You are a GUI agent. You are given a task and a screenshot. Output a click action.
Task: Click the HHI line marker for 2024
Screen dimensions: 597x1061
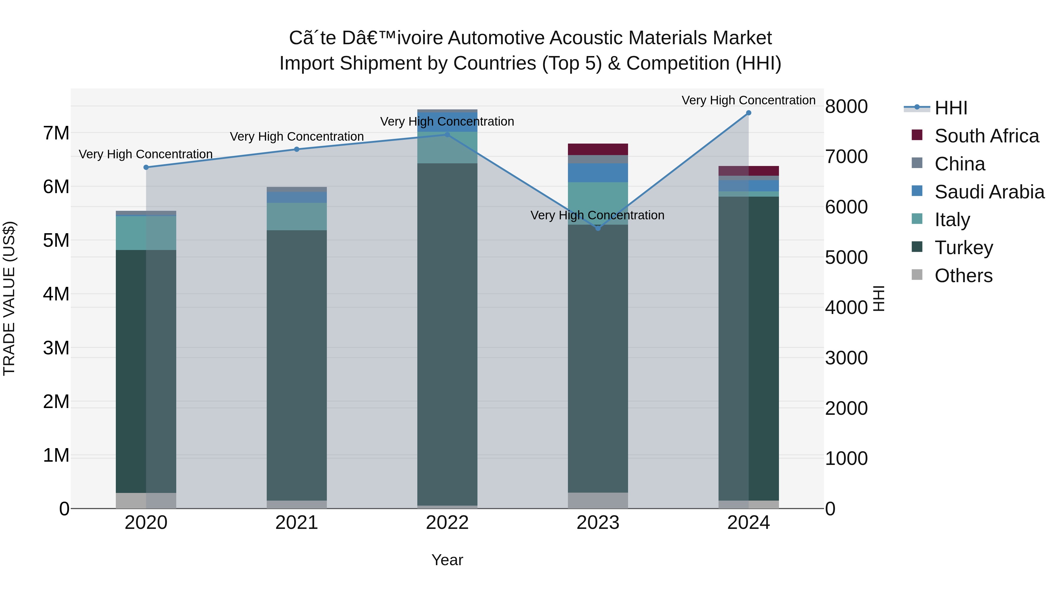tap(748, 113)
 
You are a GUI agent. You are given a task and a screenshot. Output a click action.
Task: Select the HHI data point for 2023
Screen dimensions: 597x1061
tap(598, 228)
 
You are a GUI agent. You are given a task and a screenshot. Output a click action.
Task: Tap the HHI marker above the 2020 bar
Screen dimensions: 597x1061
tap(146, 167)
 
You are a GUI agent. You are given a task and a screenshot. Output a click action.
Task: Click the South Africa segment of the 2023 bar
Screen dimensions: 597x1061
tap(598, 149)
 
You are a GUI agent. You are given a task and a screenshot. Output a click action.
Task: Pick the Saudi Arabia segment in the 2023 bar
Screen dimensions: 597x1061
tap(598, 173)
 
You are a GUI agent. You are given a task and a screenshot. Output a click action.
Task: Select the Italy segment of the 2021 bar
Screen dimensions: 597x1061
tap(296, 216)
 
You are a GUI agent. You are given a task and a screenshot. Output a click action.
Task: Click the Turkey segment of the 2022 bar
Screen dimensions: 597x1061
tap(447, 334)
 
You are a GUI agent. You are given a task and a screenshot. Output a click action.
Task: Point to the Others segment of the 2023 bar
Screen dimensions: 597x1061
tap(598, 500)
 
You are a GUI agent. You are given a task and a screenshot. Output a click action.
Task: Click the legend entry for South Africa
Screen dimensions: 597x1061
tap(986, 136)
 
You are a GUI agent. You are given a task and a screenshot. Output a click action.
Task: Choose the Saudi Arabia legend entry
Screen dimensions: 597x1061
tap(989, 192)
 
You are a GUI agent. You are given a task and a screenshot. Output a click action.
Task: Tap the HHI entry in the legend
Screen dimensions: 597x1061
tap(950, 108)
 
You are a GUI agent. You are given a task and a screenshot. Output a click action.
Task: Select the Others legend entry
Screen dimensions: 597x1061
tap(963, 276)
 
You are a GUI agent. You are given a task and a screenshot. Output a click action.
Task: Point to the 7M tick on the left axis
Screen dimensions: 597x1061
tap(56, 133)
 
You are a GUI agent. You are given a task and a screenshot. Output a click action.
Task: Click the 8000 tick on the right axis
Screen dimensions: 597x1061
tap(846, 106)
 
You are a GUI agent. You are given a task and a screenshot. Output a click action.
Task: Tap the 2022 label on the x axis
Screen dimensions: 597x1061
tap(447, 523)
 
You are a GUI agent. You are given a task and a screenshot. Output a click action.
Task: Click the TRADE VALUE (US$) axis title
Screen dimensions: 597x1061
tap(9, 298)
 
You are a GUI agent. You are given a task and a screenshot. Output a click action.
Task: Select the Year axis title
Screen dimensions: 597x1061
tap(447, 560)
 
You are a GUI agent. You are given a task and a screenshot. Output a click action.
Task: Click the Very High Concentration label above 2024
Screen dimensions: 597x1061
tap(748, 100)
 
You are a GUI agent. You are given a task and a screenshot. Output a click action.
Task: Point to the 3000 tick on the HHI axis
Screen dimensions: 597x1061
tap(846, 358)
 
